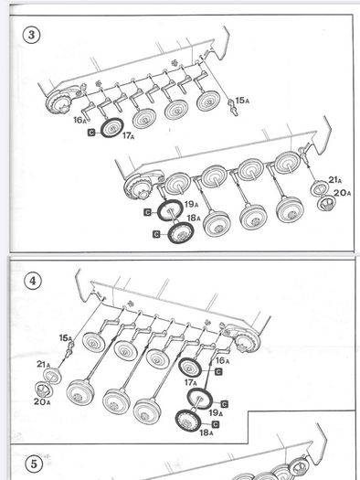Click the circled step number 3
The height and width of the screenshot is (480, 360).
[31, 36]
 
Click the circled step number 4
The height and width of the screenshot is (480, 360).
[32, 281]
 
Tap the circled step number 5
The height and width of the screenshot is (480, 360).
[34, 464]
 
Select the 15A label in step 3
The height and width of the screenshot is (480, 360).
[242, 101]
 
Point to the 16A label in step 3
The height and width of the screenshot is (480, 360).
[79, 120]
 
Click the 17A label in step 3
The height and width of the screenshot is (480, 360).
[129, 135]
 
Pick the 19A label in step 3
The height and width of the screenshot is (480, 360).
[192, 204]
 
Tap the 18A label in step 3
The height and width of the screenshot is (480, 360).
[194, 218]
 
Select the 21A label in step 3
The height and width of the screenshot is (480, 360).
[335, 180]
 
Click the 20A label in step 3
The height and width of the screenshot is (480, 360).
[342, 193]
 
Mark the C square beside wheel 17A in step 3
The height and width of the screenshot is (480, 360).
[91, 133]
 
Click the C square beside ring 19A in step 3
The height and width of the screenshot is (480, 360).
[147, 212]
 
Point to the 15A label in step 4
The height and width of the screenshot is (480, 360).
[66, 338]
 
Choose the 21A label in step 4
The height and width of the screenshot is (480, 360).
[44, 364]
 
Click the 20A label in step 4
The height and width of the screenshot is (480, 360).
[42, 401]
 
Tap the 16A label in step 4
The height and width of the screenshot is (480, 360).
[222, 360]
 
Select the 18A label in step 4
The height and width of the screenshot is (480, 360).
[206, 432]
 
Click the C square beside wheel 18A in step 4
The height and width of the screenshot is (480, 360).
[216, 424]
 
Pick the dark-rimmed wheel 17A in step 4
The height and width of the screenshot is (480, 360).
[190, 367]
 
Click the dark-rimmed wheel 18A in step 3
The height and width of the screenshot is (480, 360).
[181, 232]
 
